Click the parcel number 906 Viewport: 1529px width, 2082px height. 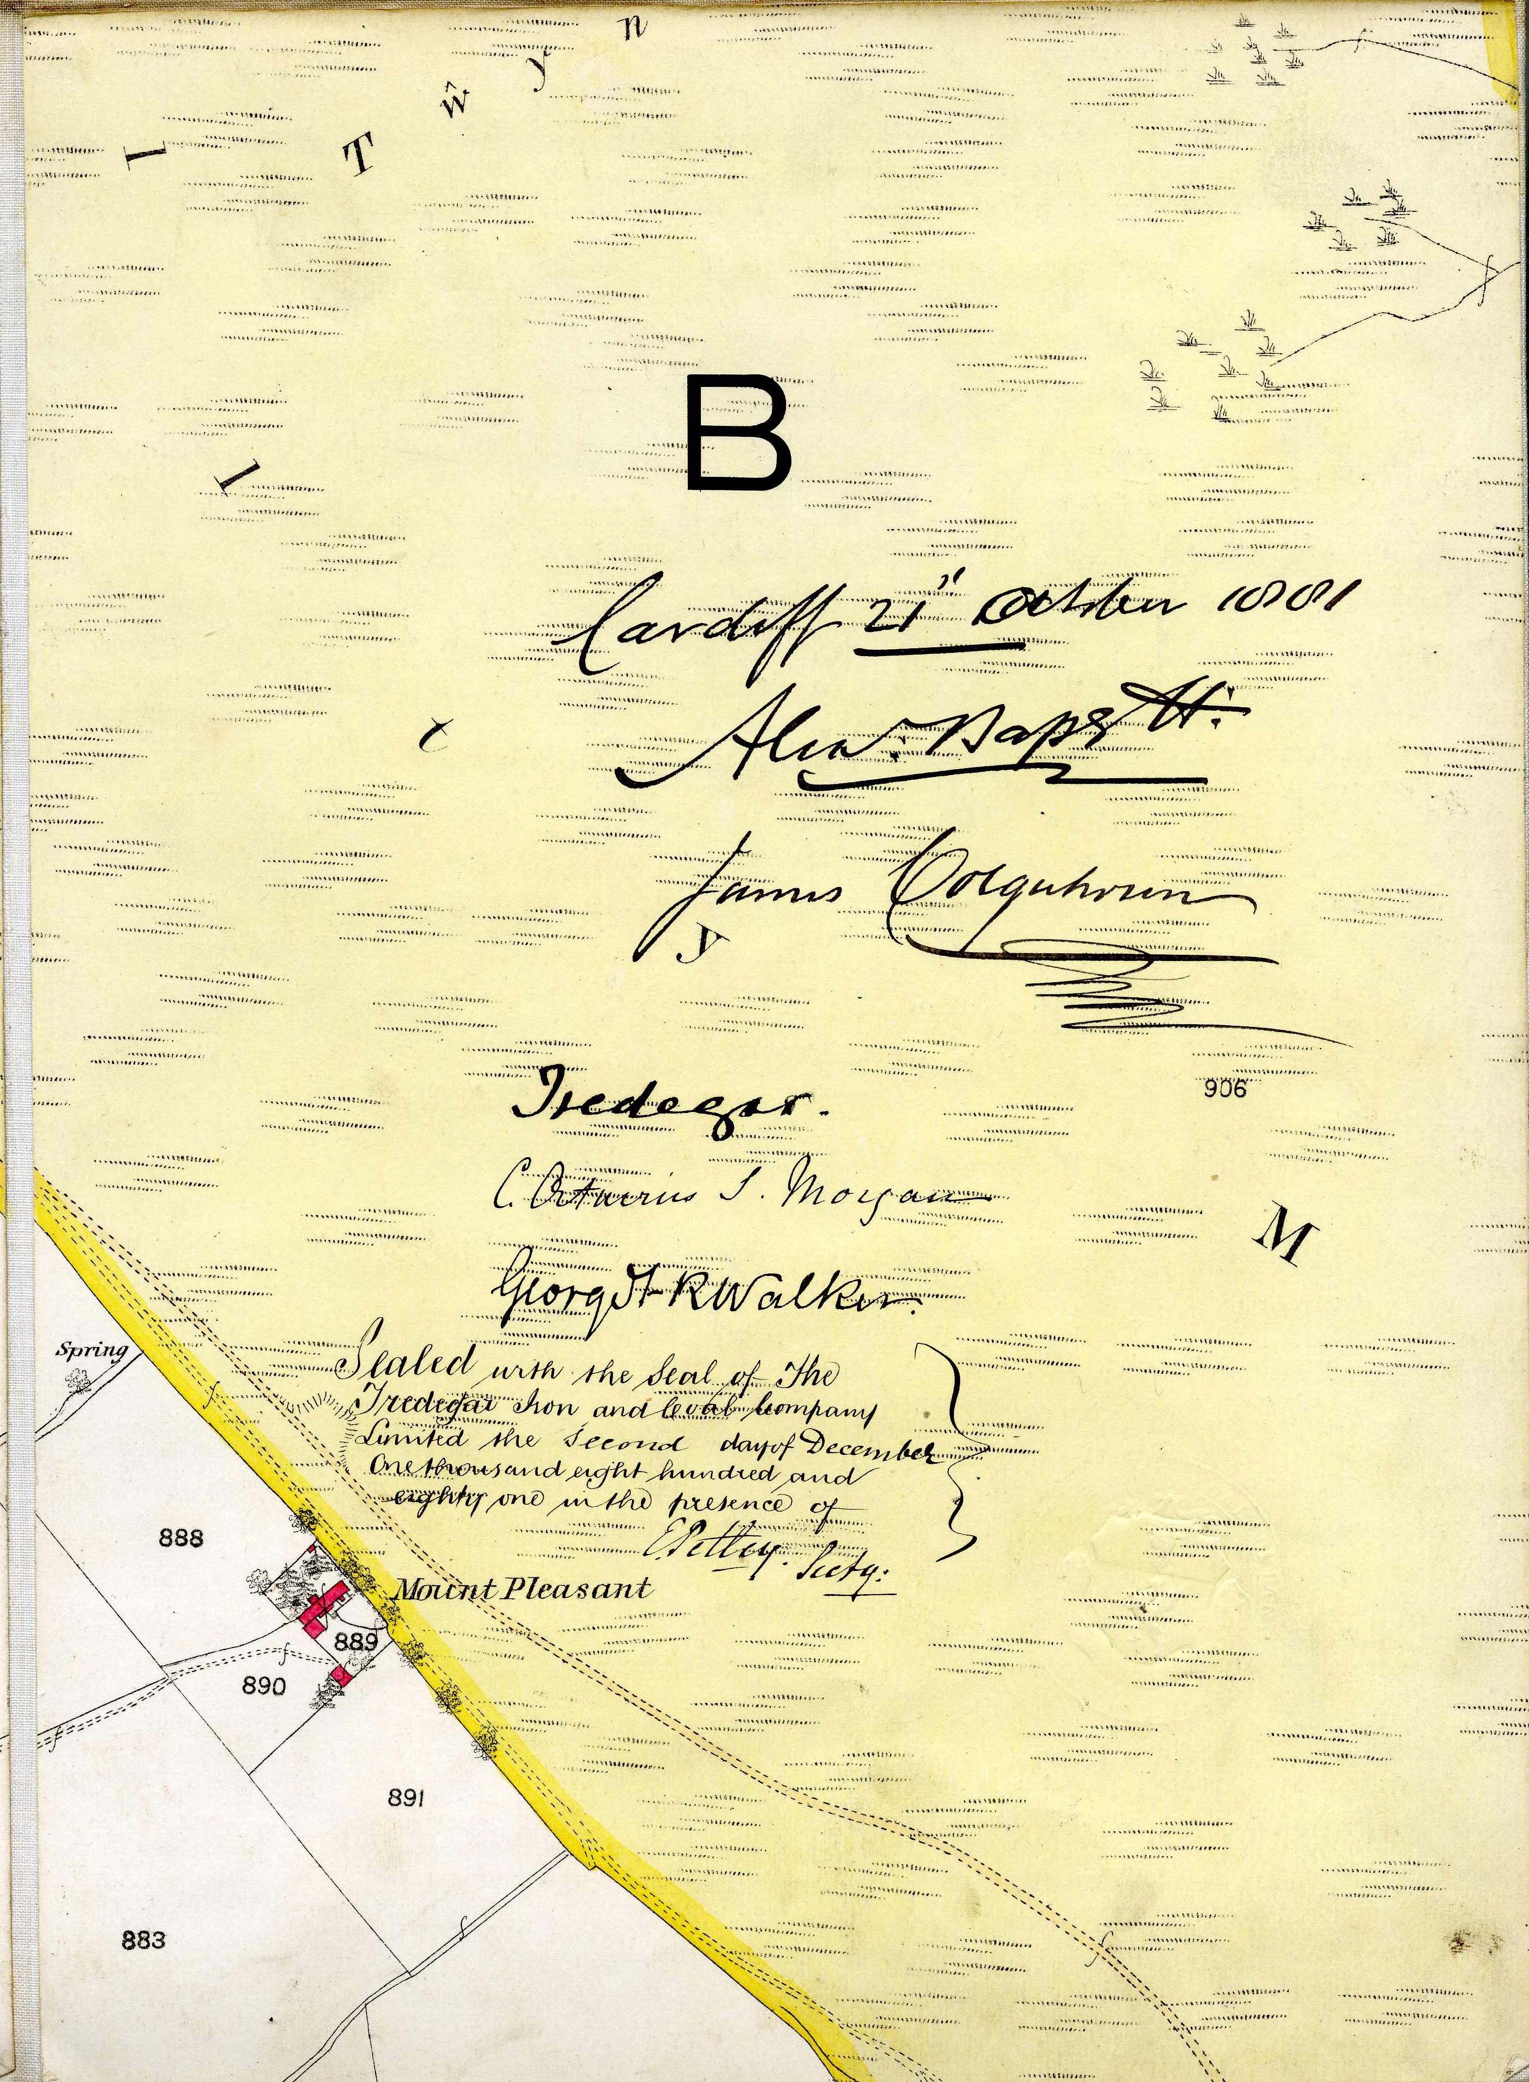pyautogui.click(x=1226, y=1090)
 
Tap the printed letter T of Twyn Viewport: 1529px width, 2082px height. pyautogui.click(x=359, y=159)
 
